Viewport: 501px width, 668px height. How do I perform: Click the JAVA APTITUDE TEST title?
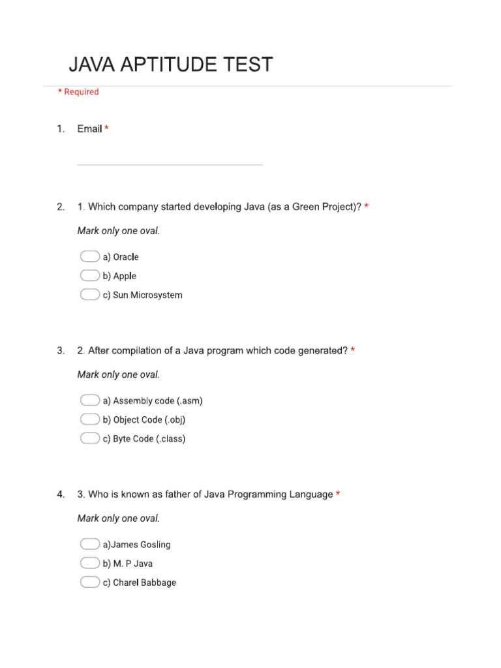point(170,65)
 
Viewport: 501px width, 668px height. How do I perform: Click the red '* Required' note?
point(78,92)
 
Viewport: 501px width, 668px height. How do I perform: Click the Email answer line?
point(170,164)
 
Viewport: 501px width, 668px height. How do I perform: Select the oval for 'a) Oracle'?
point(90,256)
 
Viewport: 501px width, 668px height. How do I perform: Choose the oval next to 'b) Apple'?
point(90,275)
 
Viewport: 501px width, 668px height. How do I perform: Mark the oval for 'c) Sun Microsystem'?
point(90,294)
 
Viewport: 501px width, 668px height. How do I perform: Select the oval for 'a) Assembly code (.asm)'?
point(90,400)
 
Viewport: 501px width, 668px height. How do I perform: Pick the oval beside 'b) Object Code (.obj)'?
point(90,419)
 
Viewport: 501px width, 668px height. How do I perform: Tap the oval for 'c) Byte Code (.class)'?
point(90,438)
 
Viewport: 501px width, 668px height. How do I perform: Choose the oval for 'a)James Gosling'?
point(90,543)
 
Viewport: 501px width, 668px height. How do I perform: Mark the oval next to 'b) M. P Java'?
point(90,562)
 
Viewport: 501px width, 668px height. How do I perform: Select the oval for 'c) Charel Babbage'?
point(90,581)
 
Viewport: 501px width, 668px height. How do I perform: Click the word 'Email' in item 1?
point(89,129)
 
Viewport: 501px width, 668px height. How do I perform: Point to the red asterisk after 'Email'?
point(106,129)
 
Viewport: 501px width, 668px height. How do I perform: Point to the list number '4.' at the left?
point(61,494)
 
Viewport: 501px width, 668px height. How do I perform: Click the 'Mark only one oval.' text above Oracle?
point(118,231)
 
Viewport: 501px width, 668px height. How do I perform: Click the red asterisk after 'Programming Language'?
point(338,494)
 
